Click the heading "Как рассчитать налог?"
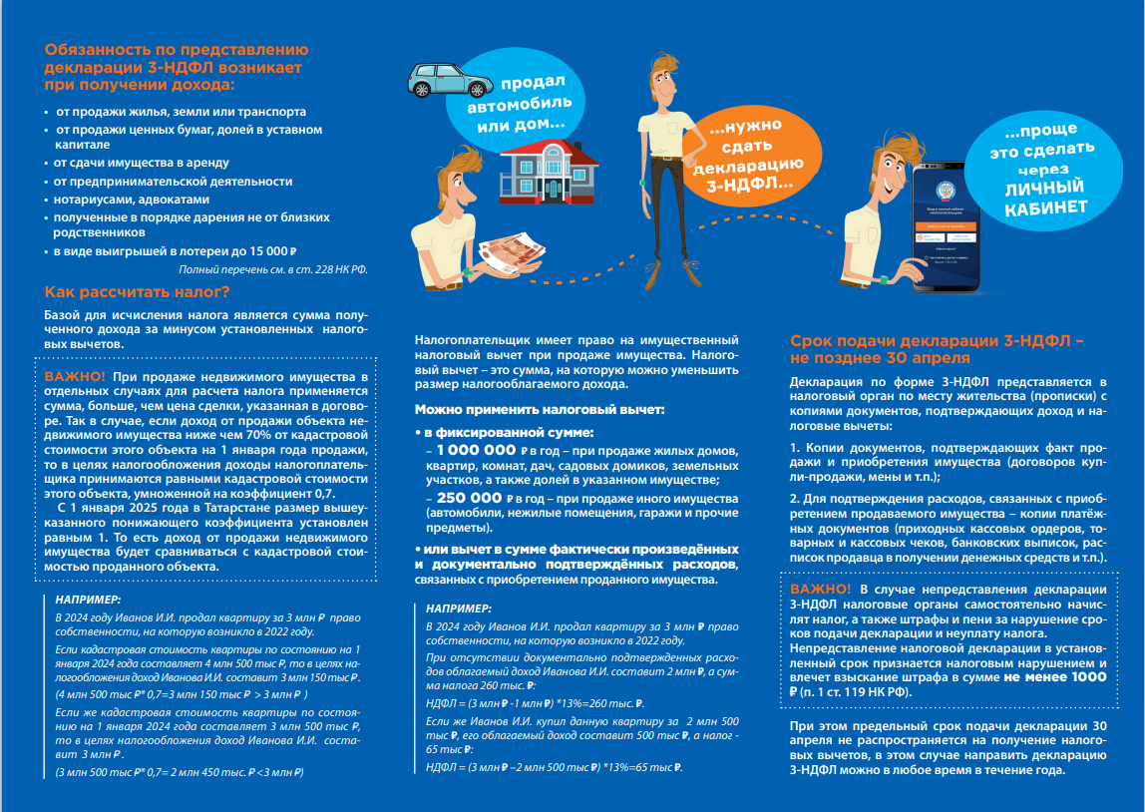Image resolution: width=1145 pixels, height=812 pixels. pyautogui.click(x=138, y=292)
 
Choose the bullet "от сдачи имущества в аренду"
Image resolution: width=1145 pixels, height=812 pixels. pyautogui.click(x=143, y=162)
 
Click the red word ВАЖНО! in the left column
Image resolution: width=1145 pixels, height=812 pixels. pyautogui.click(x=76, y=377)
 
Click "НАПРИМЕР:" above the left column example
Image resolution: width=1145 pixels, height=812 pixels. pyautogui.click(x=89, y=600)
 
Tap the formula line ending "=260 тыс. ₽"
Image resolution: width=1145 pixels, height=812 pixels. pyautogui.click(x=535, y=702)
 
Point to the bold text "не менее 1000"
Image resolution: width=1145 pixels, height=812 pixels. pyautogui.click(x=1056, y=676)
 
